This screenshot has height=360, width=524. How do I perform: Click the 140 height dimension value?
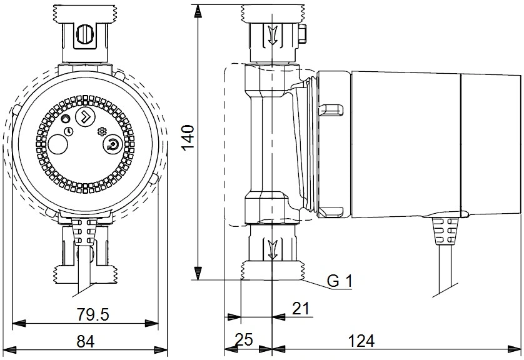[x=189, y=137]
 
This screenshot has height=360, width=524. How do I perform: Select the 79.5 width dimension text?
[x=93, y=314]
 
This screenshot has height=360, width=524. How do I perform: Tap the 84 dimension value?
[x=86, y=341]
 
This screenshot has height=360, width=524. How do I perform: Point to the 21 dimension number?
[x=301, y=309]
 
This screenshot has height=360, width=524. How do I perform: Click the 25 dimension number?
[x=244, y=340]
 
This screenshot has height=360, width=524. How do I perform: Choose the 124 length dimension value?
[x=361, y=341]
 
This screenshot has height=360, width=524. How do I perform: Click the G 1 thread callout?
[x=339, y=281]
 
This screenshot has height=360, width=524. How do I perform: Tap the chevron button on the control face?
[x=85, y=116]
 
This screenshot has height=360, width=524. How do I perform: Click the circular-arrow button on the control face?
[x=112, y=144]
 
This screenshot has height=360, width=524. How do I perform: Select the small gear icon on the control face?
[x=101, y=131]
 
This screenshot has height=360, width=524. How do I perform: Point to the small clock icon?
[x=69, y=131]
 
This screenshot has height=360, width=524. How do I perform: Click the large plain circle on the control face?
[x=58, y=144]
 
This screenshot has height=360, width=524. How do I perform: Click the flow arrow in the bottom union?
[x=273, y=249]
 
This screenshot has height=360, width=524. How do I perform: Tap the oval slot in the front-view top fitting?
[x=84, y=34]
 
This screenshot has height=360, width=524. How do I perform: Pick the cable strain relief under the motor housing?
[x=445, y=231]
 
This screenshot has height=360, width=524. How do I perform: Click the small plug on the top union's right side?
[x=302, y=35]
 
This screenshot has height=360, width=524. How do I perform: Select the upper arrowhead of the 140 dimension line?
[x=198, y=11]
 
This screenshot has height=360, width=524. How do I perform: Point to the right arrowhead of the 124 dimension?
[x=515, y=349]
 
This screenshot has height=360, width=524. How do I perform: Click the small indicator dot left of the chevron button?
[x=66, y=118]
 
